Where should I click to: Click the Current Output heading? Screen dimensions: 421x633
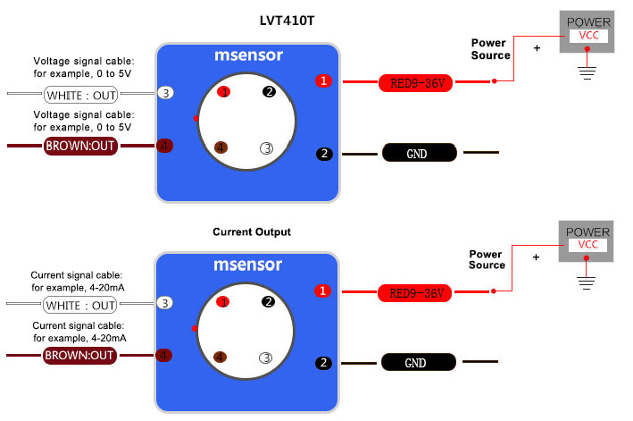pyautogui.click(x=252, y=232)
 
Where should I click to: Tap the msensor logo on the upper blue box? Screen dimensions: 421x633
pyautogui.click(x=248, y=55)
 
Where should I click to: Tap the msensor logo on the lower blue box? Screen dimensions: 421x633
pyautogui.click(x=247, y=265)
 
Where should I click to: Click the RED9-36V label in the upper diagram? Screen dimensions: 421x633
pyautogui.click(x=418, y=83)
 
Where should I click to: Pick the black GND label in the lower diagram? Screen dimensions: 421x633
pyautogui.click(x=417, y=363)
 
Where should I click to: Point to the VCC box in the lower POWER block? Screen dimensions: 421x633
pyautogui.click(x=587, y=245)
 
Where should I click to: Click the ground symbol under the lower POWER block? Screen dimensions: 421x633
pyautogui.click(x=587, y=282)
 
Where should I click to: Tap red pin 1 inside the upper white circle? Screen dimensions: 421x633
pyautogui.click(x=224, y=92)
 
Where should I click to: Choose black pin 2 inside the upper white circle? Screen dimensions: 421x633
pyautogui.click(x=270, y=91)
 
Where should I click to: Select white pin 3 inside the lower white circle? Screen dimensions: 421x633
pyautogui.click(x=265, y=358)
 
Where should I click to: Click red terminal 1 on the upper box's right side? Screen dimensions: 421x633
pyautogui.click(x=323, y=81)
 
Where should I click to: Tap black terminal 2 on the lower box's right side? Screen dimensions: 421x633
pyautogui.click(x=323, y=363)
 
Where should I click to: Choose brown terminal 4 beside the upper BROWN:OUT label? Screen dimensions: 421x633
pyautogui.click(x=164, y=146)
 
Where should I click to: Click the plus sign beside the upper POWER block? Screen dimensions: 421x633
pyautogui.click(x=537, y=47)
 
